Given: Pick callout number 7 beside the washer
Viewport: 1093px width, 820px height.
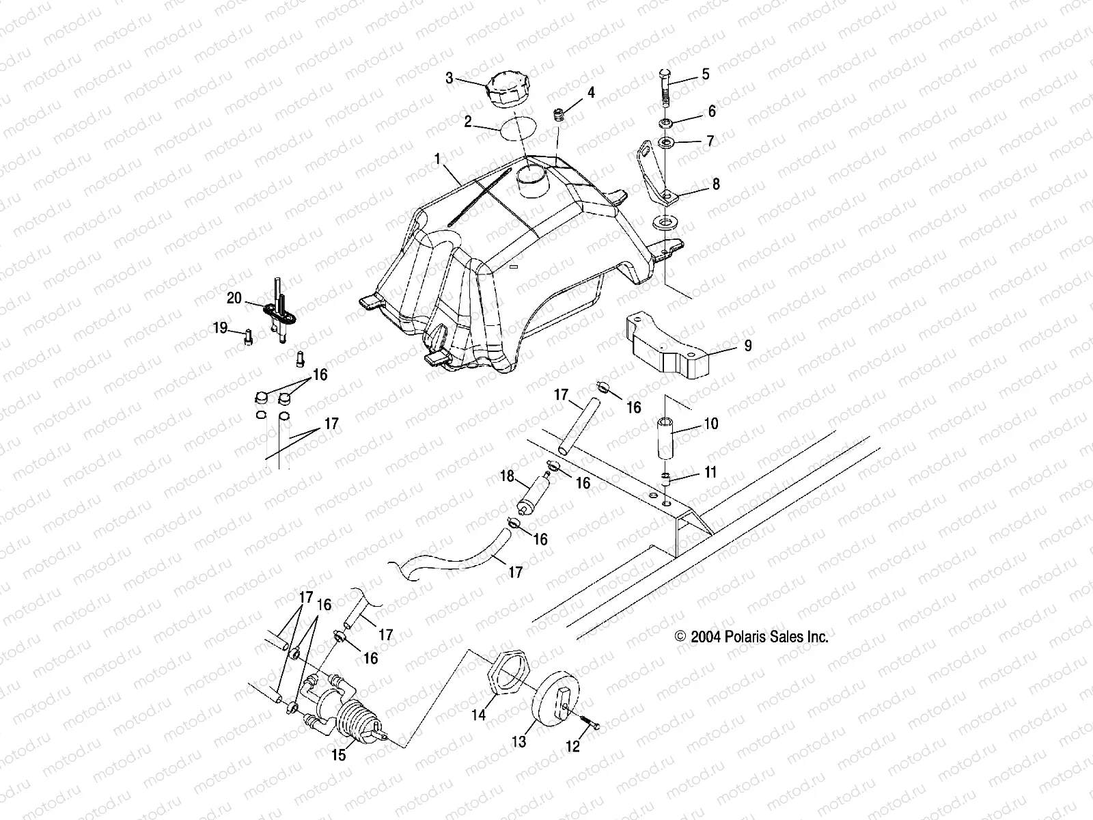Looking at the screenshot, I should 710,141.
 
